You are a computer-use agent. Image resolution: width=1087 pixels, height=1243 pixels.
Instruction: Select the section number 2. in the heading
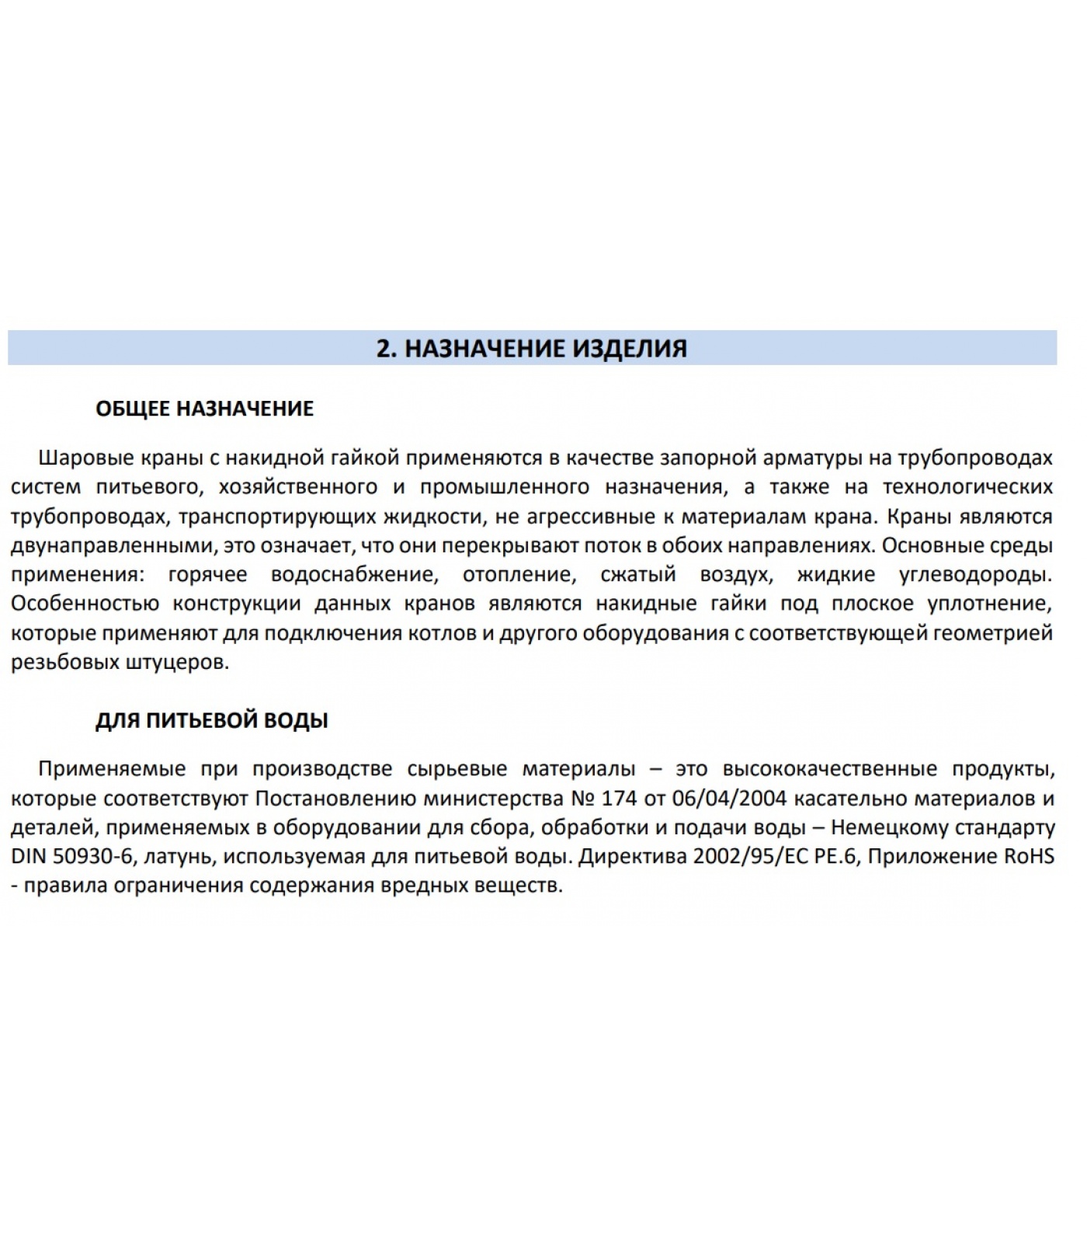click(387, 348)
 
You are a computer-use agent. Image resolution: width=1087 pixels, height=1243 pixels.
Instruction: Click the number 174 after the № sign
click(619, 798)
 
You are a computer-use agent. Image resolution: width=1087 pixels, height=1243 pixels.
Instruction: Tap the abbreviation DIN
click(29, 857)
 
